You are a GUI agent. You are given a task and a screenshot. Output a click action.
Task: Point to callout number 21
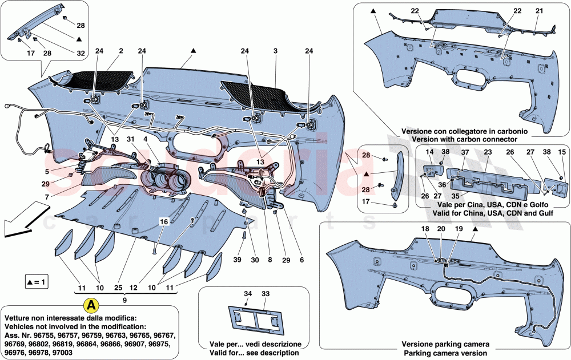(539, 10)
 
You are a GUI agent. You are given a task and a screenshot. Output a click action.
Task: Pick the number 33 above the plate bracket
(265, 294)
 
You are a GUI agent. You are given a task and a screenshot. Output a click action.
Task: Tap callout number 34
(248, 294)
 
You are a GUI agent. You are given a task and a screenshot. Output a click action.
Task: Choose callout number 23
(488, 152)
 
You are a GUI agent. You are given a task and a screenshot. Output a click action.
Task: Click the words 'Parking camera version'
(445, 353)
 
